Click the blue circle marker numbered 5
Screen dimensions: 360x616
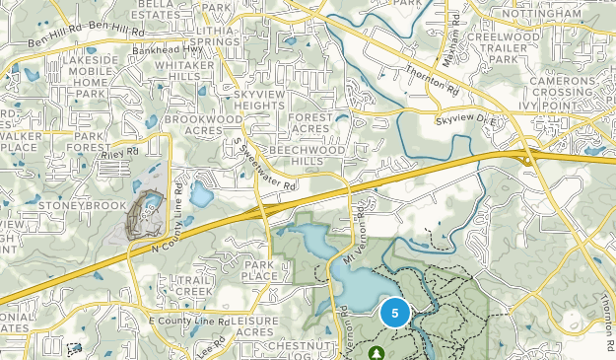(x=395, y=313)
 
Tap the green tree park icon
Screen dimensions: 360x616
(x=375, y=351)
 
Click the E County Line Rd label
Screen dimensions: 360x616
(x=188, y=322)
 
